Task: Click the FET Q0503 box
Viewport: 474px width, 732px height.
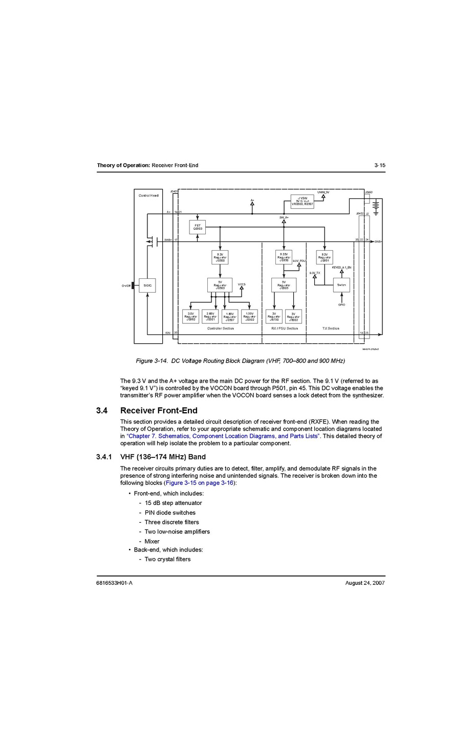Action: pyautogui.click(x=197, y=227)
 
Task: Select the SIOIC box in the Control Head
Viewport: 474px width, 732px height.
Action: pyautogui.click(x=147, y=285)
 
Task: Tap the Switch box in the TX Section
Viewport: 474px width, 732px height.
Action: pyautogui.click(x=341, y=285)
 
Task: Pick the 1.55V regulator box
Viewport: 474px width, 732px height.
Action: pyautogui.click(x=249, y=317)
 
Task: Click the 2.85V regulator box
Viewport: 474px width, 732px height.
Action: pyautogui.click(x=210, y=317)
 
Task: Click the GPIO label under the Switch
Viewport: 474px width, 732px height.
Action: pyautogui.click(x=341, y=305)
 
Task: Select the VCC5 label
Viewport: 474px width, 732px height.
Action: pyautogui.click(x=242, y=284)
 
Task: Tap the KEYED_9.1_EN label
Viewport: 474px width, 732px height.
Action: pyautogui.click(x=341, y=268)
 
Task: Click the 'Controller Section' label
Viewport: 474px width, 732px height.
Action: pyautogui.click(x=221, y=328)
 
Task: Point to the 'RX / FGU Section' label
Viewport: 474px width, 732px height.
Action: pyautogui.click(x=284, y=328)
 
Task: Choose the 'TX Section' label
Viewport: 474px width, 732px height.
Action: pyautogui.click(x=331, y=328)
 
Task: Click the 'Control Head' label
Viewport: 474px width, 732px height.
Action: pyautogui.click(x=148, y=195)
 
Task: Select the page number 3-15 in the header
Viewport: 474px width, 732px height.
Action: pyautogui.click(x=379, y=165)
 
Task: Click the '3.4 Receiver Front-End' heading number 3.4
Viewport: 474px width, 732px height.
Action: pyautogui.click(x=102, y=410)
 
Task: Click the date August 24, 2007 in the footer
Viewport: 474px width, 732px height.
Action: pyautogui.click(x=365, y=583)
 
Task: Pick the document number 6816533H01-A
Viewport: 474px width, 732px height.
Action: pyautogui.click(x=114, y=583)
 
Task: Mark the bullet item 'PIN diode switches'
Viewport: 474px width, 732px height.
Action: pyautogui.click(x=170, y=513)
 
